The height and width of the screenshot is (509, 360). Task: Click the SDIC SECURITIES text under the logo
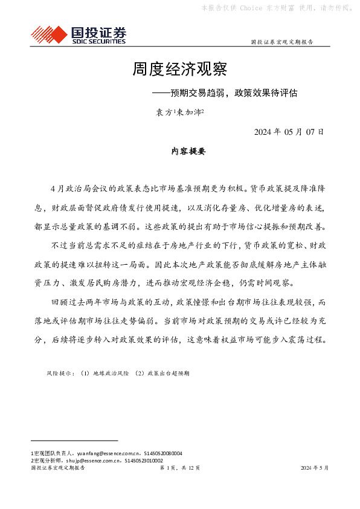click(x=98, y=42)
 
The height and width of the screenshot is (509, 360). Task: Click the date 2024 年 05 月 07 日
click(x=289, y=131)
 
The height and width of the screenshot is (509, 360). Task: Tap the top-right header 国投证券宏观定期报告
click(x=281, y=42)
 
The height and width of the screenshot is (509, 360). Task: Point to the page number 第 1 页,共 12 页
click(x=179, y=468)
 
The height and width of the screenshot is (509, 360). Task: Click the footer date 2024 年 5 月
click(x=314, y=468)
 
